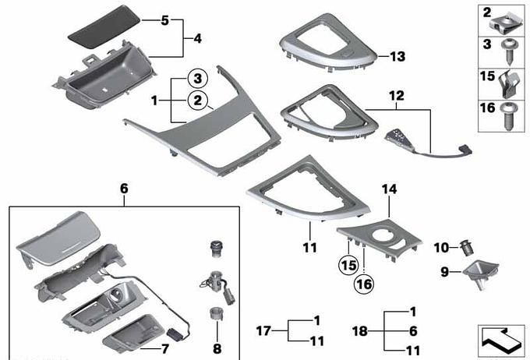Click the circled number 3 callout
click(x=198, y=79)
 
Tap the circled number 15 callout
click(x=348, y=265)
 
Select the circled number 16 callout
click(x=364, y=284)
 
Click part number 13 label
click(x=397, y=56)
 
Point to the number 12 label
click(x=397, y=96)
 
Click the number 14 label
click(x=390, y=189)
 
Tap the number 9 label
click(x=445, y=271)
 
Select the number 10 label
click(x=441, y=248)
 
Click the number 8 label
click(x=217, y=348)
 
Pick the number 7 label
click(x=165, y=349)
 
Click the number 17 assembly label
click(x=263, y=330)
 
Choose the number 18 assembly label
click(x=359, y=331)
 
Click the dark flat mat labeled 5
click(x=104, y=26)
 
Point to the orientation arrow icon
click(x=501, y=341)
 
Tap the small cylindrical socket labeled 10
click(x=467, y=248)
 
